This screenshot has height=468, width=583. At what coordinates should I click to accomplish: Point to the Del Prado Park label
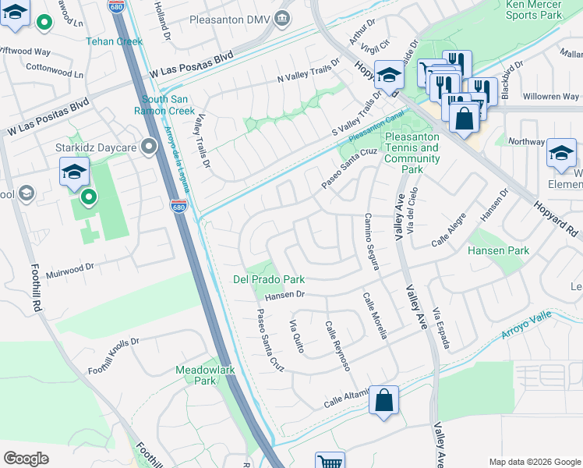click(268, 279)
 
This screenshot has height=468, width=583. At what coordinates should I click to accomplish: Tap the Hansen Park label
click(498, 250)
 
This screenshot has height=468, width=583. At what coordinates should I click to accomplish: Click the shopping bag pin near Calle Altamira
click(383, 401)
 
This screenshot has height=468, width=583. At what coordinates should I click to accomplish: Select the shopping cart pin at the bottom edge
click(330, 462)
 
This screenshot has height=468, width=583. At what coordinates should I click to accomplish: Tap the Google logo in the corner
click(26, 459)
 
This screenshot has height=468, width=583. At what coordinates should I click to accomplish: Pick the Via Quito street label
click(296, 336)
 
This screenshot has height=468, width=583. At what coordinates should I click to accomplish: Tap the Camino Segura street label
click(372, 243)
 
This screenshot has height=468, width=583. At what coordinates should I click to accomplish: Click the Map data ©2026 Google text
click(533, 461)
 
